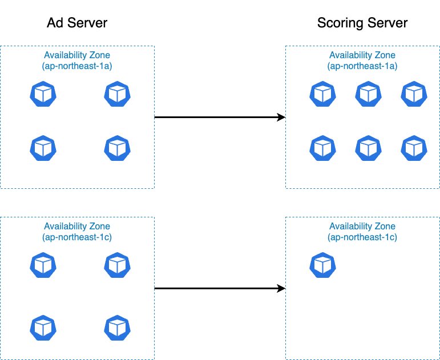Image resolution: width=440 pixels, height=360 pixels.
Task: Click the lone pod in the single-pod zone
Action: coord(322,265)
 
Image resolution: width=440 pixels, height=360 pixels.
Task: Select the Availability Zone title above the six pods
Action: coord(362,55)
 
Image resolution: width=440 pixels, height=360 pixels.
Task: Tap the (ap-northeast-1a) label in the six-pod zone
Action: coord(362,66)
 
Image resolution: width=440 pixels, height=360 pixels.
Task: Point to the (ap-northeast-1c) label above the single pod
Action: coord(362,237)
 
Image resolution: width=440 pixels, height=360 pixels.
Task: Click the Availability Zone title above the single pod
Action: coord(362,226)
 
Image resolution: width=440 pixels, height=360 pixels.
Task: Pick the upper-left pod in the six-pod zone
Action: coord(322,94)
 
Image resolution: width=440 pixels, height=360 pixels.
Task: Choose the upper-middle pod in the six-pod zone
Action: coord(368,94)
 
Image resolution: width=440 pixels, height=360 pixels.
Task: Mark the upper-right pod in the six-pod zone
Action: coord(414,94)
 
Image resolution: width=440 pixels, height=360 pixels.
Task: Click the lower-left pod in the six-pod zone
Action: coord(322,148)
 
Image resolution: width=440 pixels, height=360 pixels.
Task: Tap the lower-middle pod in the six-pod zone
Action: coord(368,148)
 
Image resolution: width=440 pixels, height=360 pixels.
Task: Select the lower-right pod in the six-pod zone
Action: coord(414,148)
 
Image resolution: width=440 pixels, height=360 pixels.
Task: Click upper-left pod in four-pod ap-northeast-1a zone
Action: coord(43,94)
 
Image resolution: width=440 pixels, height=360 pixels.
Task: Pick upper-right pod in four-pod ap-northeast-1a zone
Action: coord(117,94)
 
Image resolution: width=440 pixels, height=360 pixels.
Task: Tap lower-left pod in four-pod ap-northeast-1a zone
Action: coord(43,148)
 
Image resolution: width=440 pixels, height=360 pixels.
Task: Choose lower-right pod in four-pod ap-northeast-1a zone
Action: coord(117,148)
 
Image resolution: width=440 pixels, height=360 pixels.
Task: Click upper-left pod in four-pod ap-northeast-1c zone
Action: coord(43,265)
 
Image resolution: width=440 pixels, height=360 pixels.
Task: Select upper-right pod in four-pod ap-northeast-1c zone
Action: coord(117,265)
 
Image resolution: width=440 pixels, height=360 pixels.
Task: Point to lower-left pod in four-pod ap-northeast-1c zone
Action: coord(43,327)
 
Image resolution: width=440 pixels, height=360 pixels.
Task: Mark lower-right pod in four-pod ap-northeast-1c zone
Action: coord(117,327)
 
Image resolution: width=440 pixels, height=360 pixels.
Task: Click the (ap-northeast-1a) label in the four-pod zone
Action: coord(77,66)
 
